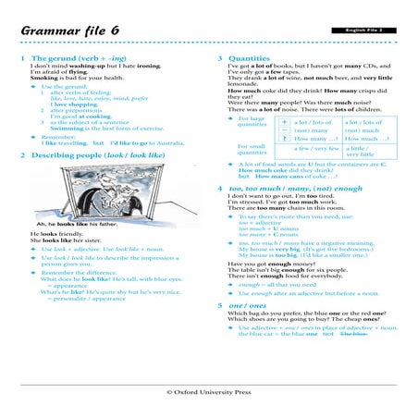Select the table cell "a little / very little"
[x=361, y=153]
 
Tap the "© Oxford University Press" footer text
[x=208, y=391]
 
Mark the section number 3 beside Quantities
[x=219, y=58]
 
